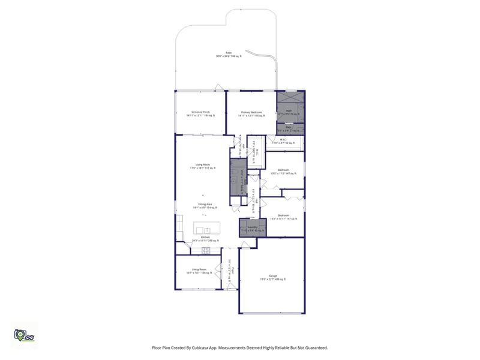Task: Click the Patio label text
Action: coord(229,53)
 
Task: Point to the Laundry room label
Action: coord(253,228)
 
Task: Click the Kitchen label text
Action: coord(205,238)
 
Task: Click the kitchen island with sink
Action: coord(206,229)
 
